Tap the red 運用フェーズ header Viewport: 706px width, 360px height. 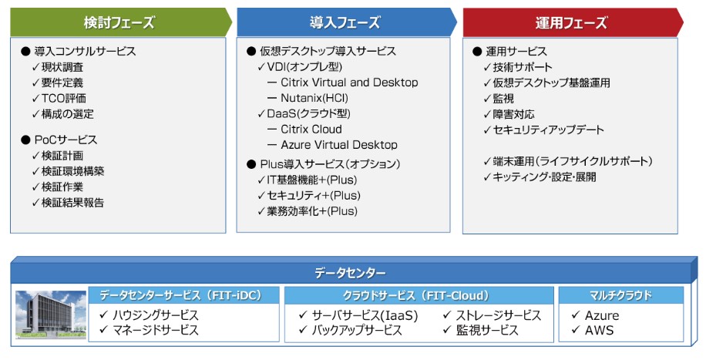pyautogui.click(x=571, y=22)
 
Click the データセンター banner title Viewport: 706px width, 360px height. pyautogui.click(x=350, y=273)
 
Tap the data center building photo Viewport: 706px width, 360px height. pyautogui.click(x=51, y=315)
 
